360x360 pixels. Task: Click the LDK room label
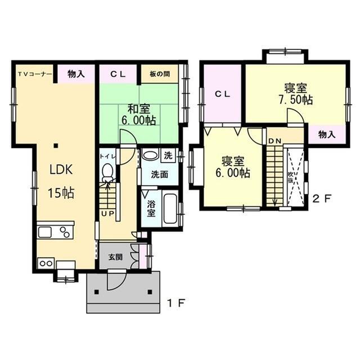click(x=61, y=170)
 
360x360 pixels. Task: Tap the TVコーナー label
click(x=35, y=74)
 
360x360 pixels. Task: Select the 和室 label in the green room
click(x=139, y=109)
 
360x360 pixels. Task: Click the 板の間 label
click(x=160, y=74)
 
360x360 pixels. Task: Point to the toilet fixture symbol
click(x=107, y=172)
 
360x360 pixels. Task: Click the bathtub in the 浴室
click(x=170, y=209)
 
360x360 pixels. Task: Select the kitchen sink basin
click(x=45, y=232)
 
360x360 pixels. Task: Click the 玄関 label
click(x=115, y=257)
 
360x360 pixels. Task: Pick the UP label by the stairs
click(x=107, y=214)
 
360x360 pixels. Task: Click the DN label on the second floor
click(x=274, y=141)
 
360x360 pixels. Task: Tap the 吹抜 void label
click(x=290, y=177)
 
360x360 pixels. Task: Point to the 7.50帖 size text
click(x=295, y=100)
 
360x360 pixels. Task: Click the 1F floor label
click(x=176, y=304)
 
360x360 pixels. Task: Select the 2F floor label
click(x=322, y=199)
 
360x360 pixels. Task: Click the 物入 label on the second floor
click(x=327, y=135)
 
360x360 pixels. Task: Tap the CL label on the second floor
click(x=222, y=94)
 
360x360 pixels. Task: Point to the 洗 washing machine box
click(x=168, y=156)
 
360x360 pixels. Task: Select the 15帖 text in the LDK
click(x=61, y=193)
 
